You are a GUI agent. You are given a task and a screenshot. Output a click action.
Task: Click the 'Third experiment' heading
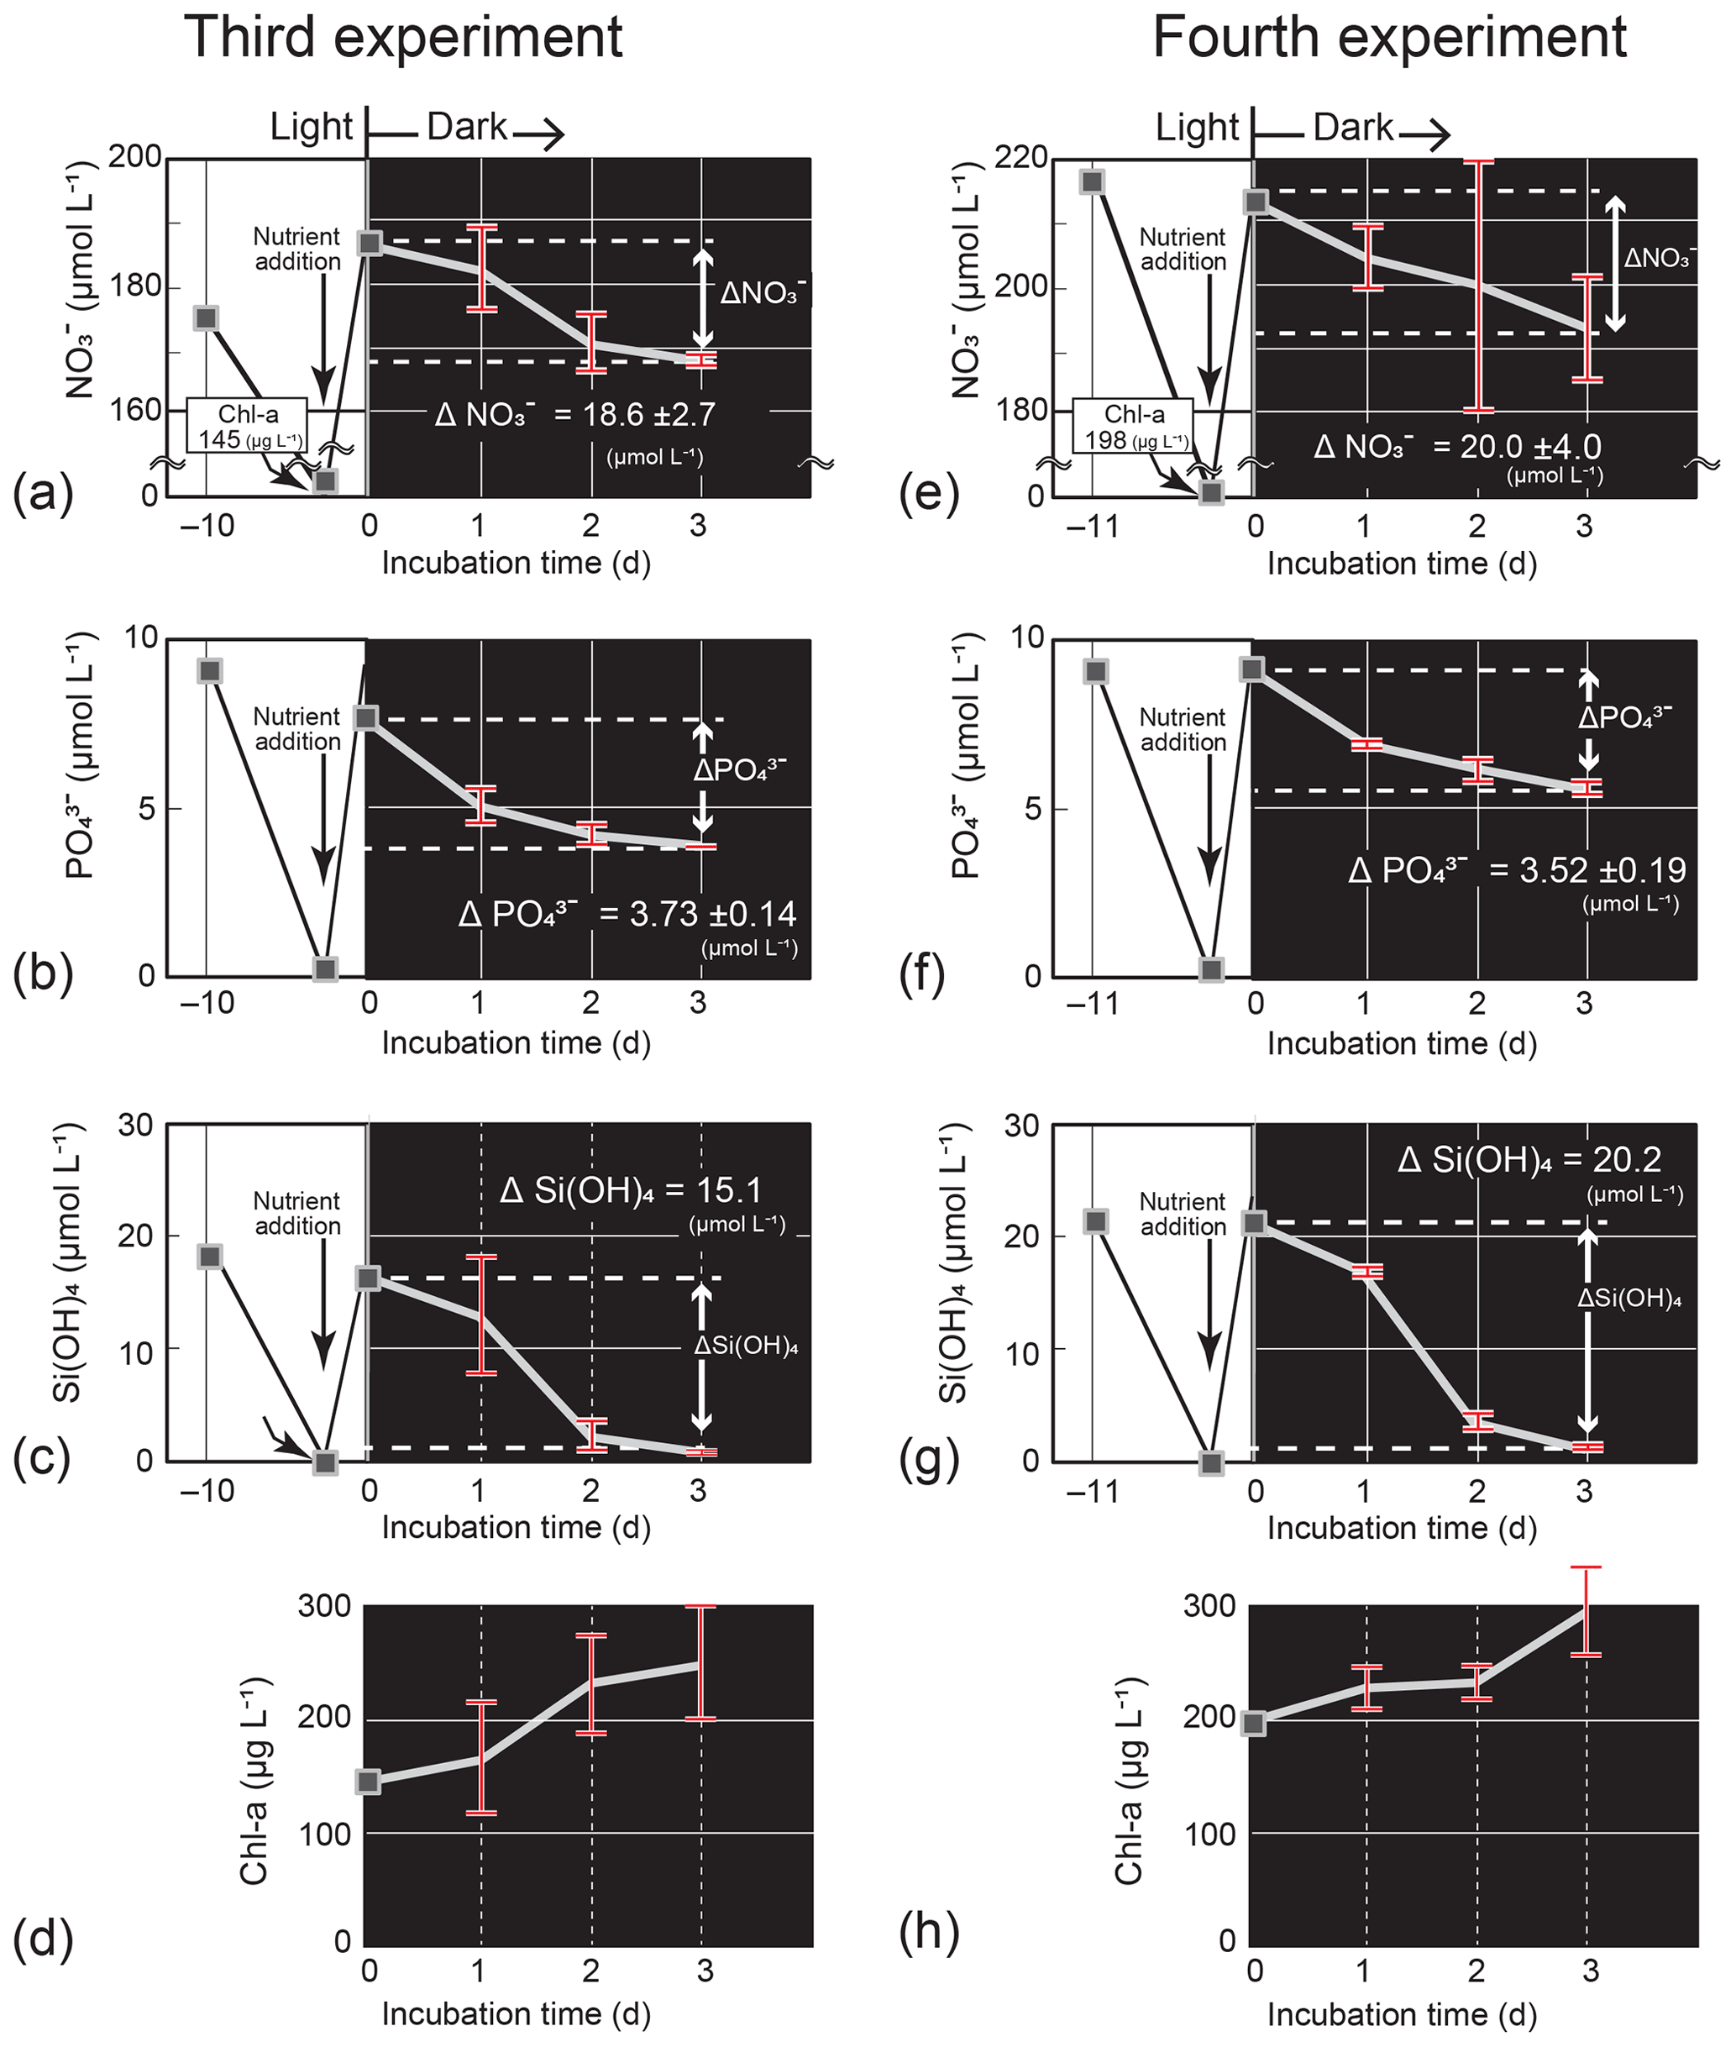(x=402, y=38)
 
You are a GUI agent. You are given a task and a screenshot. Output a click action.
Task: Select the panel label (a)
(x=44, y=494)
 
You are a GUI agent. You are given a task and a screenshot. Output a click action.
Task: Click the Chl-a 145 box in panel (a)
(x=247, y=426)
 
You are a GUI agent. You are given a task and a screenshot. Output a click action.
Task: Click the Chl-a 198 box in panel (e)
(x=1133, y=426)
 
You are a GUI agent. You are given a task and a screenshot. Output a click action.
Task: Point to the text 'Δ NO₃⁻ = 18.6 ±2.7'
(x=575, y=415)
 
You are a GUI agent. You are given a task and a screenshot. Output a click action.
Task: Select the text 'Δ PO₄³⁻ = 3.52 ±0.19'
(x=1517, y=871)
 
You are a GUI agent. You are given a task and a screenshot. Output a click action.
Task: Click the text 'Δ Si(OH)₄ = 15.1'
(x=631, y=1191)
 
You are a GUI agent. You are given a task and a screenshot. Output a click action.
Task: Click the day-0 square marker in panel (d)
(x=369, y=1782)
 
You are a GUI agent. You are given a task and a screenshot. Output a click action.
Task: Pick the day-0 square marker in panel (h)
(x=1254, y=1724)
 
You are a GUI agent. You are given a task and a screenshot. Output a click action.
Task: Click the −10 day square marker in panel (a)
(x=206, y=318)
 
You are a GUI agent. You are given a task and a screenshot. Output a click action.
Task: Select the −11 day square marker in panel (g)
(x=1096, y=1221)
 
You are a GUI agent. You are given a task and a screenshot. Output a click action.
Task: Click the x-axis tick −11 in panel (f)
(x=1093, y=1004)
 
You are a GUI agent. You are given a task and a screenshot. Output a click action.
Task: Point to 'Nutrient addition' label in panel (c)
(x=297, y=1214)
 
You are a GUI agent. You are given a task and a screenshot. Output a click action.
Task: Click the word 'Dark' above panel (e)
(x=1353, y=128)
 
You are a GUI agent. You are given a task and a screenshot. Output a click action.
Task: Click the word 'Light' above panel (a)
(x=311, y=128)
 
